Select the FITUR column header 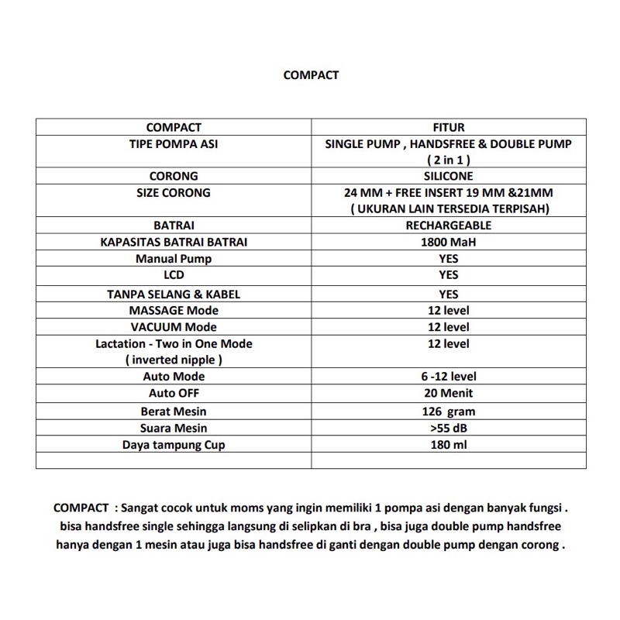448,127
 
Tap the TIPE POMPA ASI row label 174,144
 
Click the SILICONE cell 448,176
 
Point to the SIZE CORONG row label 174,192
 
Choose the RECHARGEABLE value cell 448,226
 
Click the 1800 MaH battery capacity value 448,242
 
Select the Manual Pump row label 174,259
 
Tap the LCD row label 174,275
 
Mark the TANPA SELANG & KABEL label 174,294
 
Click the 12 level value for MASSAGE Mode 448,311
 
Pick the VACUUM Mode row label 174,327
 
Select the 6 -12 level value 448,377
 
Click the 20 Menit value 448,393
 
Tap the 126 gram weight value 448,411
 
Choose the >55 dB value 448,428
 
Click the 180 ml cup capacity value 448,445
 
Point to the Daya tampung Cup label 174,445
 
